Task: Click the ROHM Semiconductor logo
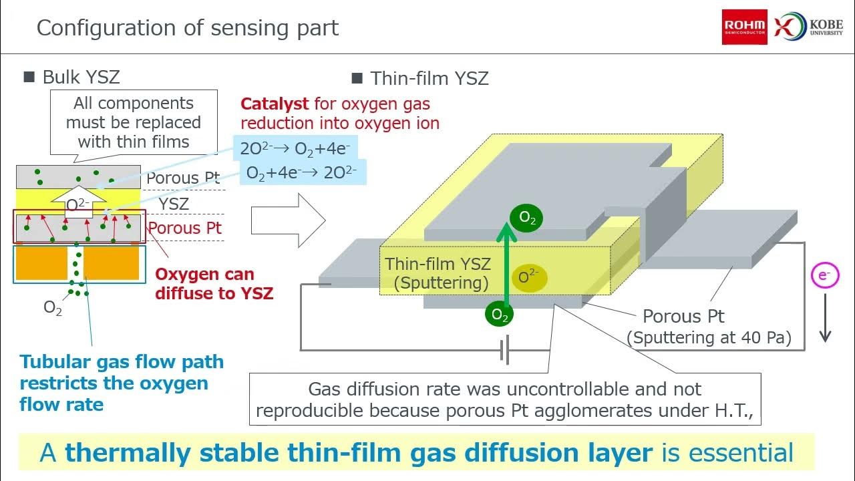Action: pos(744,27)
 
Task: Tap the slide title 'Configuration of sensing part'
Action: pos(188,28)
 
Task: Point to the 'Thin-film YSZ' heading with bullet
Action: pos(420,78)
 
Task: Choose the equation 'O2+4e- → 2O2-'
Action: pos(301,172)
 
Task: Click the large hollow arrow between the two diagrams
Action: pos(288,220)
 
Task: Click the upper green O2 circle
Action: pos(527,218)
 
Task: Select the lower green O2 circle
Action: pos(500,315)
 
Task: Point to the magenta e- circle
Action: pos(825,276)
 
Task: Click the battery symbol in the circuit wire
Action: pos(506,350)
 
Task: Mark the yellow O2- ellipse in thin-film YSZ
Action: pos(529,277)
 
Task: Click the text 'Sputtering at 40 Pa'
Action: pos(709,338)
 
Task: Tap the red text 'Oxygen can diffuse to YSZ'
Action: pos(214,283)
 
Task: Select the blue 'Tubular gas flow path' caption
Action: pos(122,383)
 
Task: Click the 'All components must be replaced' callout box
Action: pos(134,122)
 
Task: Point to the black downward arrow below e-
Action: pos(825,318)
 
